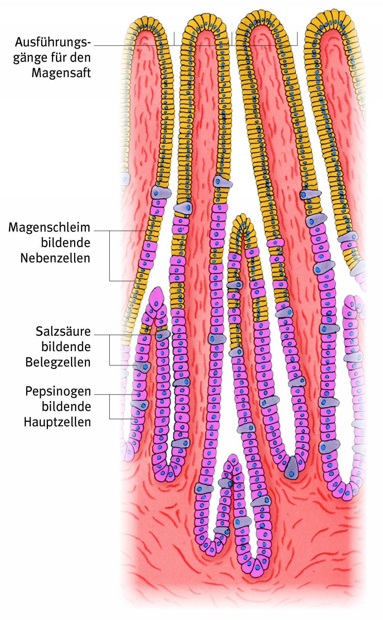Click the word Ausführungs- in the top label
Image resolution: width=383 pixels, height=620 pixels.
coord(53,43)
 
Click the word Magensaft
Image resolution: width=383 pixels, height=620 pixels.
coord(61,73)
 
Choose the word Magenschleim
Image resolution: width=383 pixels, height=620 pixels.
coord(49,227)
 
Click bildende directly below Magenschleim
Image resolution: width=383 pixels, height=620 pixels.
coord(65,243)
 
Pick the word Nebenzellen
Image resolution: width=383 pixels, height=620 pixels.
coord(55,258)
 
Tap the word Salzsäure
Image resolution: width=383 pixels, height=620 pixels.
coord(63,331)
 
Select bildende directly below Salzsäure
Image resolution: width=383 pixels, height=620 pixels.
coord(65,347)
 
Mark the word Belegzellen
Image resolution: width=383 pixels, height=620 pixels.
coord(58,362)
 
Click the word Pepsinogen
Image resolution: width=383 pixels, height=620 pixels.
coord(58,391)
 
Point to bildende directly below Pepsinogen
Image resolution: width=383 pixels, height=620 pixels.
coord(66,406)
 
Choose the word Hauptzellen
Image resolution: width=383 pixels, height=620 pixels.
coord(57,422)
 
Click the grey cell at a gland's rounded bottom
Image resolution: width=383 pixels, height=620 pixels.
coord(292,467)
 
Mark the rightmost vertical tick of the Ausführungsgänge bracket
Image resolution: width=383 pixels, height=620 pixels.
coord(297,39)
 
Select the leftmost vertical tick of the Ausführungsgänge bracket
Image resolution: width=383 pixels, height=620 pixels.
coord(174,39)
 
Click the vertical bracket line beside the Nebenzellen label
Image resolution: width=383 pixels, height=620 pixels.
coord(110,256)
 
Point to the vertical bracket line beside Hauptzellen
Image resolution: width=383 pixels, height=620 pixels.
coord(110,407)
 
